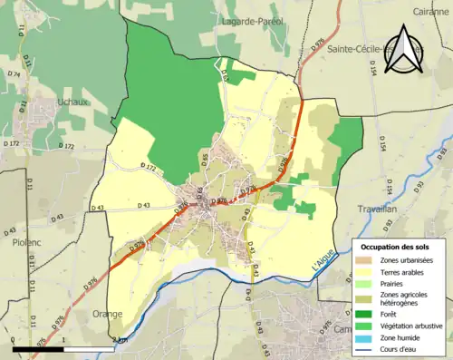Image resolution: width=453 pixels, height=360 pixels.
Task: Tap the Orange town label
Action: tap(106, 314)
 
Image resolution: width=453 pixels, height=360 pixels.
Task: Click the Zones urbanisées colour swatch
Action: tap(365, 260)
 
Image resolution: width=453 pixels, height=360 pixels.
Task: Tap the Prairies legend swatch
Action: tap(365, 282)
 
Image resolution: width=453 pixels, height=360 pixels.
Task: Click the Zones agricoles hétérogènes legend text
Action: tap(406, 298)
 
